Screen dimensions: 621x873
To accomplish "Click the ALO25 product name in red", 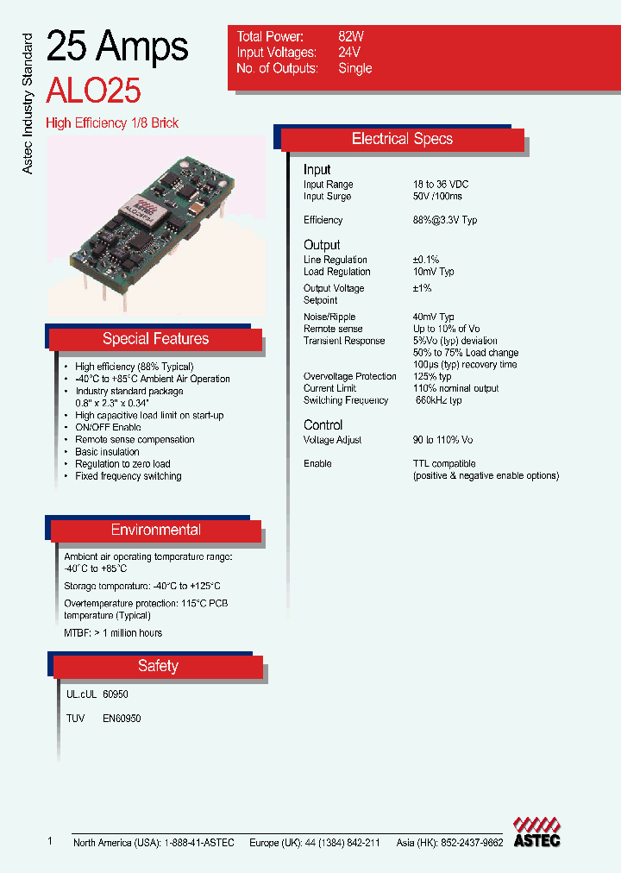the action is (x=94, y=90).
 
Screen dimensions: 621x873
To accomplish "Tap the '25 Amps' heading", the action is (x=117, y=47).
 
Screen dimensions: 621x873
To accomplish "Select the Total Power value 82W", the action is (x=351, y=37).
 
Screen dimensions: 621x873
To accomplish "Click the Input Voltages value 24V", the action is (x=349, y=53).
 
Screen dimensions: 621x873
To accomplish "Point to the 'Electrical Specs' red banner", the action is (x=402, y=139).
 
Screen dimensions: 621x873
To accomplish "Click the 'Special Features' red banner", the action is (x=155, y=339).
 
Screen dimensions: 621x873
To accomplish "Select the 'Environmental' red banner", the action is (x=156, y=531).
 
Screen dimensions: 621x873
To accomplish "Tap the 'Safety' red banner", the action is (x=158, y=666).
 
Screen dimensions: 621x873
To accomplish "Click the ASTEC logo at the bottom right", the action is (x=536, y=832).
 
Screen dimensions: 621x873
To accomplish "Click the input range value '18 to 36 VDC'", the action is (x=441, y=185).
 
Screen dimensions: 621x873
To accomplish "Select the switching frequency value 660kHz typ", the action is (x=439, y=400).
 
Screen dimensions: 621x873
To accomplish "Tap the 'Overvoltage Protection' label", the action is (x=349, y=376).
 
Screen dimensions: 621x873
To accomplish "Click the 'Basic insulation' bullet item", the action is (x=107, y=452).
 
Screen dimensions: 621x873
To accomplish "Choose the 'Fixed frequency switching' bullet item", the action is (x=128, y=476).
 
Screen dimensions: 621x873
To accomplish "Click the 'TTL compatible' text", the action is (x=444, y=464).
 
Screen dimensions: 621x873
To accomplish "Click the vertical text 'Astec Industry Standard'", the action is (x=28, y=104).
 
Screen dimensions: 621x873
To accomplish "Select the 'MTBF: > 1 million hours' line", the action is (x=113, y=633).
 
